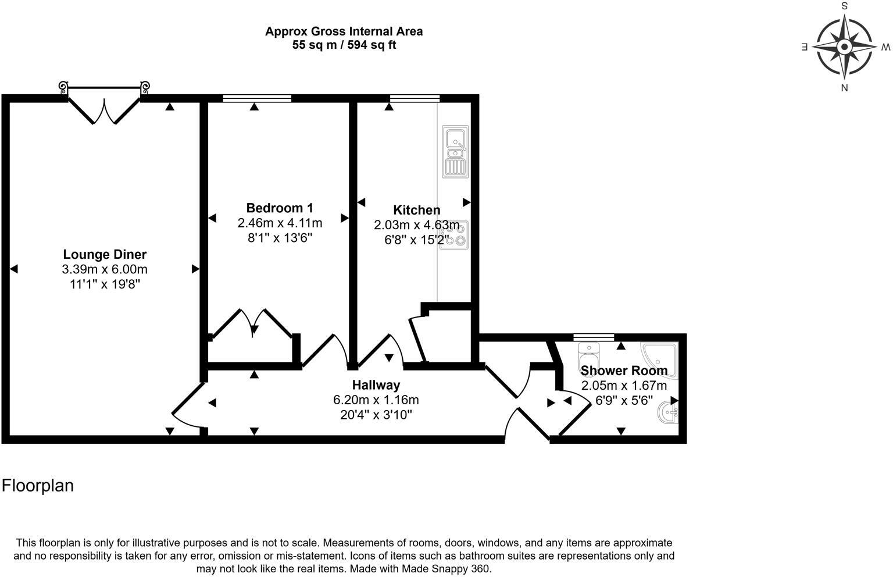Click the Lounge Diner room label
pyautogui.click(x=105, y=254)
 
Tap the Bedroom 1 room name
pyautogui.click(x=280, y=208)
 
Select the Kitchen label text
pyautogui.click(x=416, y=210)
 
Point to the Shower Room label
pyautogui.click(x=624, y=371)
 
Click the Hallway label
pyautogui.click(x=376, y=385)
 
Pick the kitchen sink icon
pyautogui.click(x=455, y=151)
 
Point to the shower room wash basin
pyautogui.click(x=668, y=414)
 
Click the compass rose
pyautogui.click(x=844, y=47)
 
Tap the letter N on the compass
pyautogui.click(x=844, y=88)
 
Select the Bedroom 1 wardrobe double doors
pyautogui.click(x=252, y=324)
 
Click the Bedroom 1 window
pyautogui.click(x=256, y=98)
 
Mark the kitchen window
pyautogui.click(x=414, y=98)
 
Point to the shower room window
pyautogui.click(x=593, y=337)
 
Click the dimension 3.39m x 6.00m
pyautogui.click(x=105, y=269)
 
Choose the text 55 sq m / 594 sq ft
pyautogui.click(x=344, y=45)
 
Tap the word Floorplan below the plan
pyautogui.click(x=38, y=485)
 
